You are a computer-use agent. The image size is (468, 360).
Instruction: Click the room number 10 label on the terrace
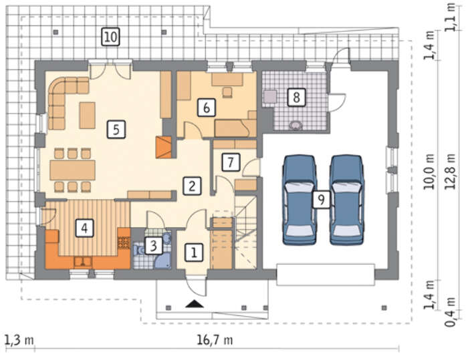pyautogui.click(x=110, y=37)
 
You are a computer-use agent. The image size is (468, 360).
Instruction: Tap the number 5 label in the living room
pyautogui.click(x=116, y=130)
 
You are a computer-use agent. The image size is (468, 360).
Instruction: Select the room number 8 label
pyautogui.click(x=296, y=97)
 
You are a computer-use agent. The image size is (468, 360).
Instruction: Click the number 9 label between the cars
pyautogui.click(x=321, y=199)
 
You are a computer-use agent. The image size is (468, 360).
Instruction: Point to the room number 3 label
pyautogui.click(x=153, y=246)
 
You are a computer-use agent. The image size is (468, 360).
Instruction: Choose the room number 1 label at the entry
pyautogui.click(x=194, y=252)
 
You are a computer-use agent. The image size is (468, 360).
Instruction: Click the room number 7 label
pyautogui.click(x=231, y=162)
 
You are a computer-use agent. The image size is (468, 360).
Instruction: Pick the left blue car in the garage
pyautogui.click(x=300, y=200)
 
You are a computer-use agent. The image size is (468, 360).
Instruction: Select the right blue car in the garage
pyautogui.click(x=347, y=200)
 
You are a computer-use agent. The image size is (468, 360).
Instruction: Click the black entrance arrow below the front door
pyautogui.click(x=195, y=304)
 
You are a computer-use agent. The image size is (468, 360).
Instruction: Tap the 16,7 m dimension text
pyautogui.click(x=215, y=340)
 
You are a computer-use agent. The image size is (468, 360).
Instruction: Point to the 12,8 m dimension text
pyautogui.click(x=450, y=172)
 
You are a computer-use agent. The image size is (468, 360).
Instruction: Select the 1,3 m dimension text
pyautogui.click(x=19, y=340)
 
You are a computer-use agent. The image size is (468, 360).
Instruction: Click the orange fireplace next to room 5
pyautogui.click(x=164, y=147)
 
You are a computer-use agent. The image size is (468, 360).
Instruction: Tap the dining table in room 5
pyautogui.click(x=72, y=170)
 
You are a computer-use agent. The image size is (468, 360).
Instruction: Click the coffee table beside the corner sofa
pyautogui.click(x=88, y=116)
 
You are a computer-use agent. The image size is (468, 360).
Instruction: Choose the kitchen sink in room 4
pyautogui.click(x=84, y=262)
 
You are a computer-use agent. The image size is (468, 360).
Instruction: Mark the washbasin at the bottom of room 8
pyautogui.click(x=296, y=126)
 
